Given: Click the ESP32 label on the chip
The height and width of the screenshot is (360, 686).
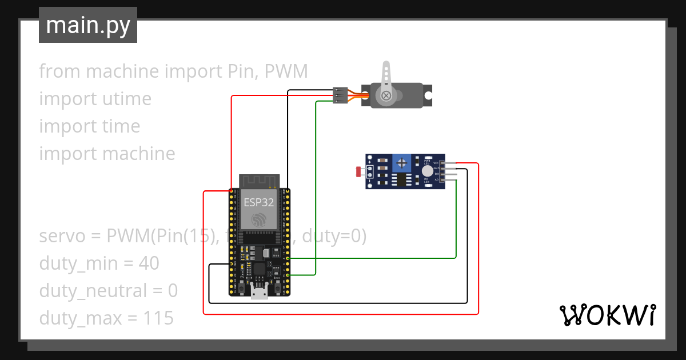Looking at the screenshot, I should point(259,202).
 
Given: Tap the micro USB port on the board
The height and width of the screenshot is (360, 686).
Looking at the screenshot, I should point(260,293).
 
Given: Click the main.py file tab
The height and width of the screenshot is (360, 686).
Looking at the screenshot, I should point(88,26).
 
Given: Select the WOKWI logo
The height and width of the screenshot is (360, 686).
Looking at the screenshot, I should point(607,315).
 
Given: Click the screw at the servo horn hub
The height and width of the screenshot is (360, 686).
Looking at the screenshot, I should point(387,95).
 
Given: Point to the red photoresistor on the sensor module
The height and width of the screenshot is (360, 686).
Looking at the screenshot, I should point(358,171).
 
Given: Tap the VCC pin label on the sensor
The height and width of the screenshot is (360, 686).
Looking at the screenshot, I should point(436,163).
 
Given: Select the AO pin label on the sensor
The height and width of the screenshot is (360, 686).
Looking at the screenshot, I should point(437,179).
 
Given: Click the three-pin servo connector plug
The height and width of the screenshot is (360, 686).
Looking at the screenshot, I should point(340,95).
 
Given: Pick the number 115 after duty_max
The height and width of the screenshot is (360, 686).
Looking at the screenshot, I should point(159,318).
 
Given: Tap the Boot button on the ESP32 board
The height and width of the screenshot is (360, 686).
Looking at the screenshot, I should point(277,289).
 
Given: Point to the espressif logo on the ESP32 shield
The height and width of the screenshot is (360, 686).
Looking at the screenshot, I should point(259,220).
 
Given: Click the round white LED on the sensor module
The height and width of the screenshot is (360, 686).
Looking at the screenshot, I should point(428,171).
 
